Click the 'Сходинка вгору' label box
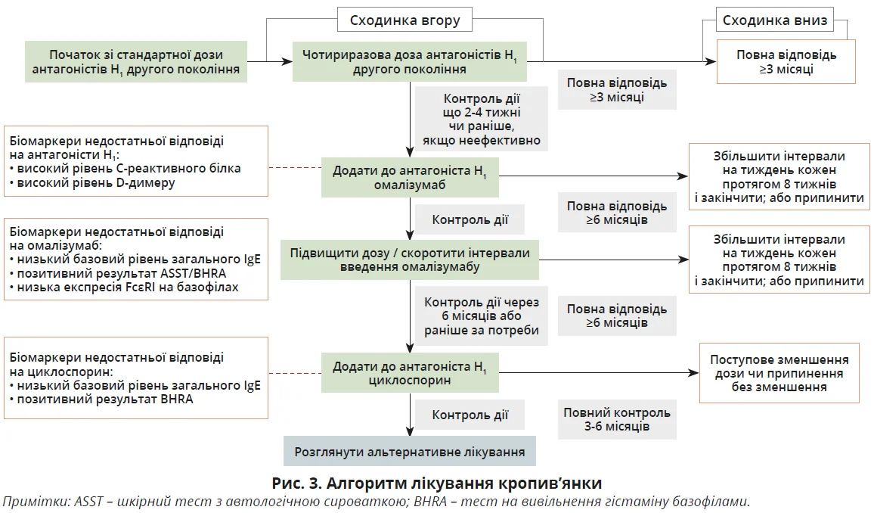[x=404, y=20]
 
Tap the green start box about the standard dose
[x=137, y=62]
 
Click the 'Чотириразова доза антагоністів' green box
[x=409, y=62]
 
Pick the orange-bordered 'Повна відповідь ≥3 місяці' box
[x=786, y=62]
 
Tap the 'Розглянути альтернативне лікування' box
[x=409, y=452]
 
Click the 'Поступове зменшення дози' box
[x=779, y=373]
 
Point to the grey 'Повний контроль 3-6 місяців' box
[x=616, y=420]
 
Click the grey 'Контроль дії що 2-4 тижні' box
[x=482, y=120]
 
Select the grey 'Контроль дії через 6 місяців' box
[x=482, y=316]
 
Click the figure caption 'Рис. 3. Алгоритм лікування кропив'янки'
[x=437, y=482]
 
